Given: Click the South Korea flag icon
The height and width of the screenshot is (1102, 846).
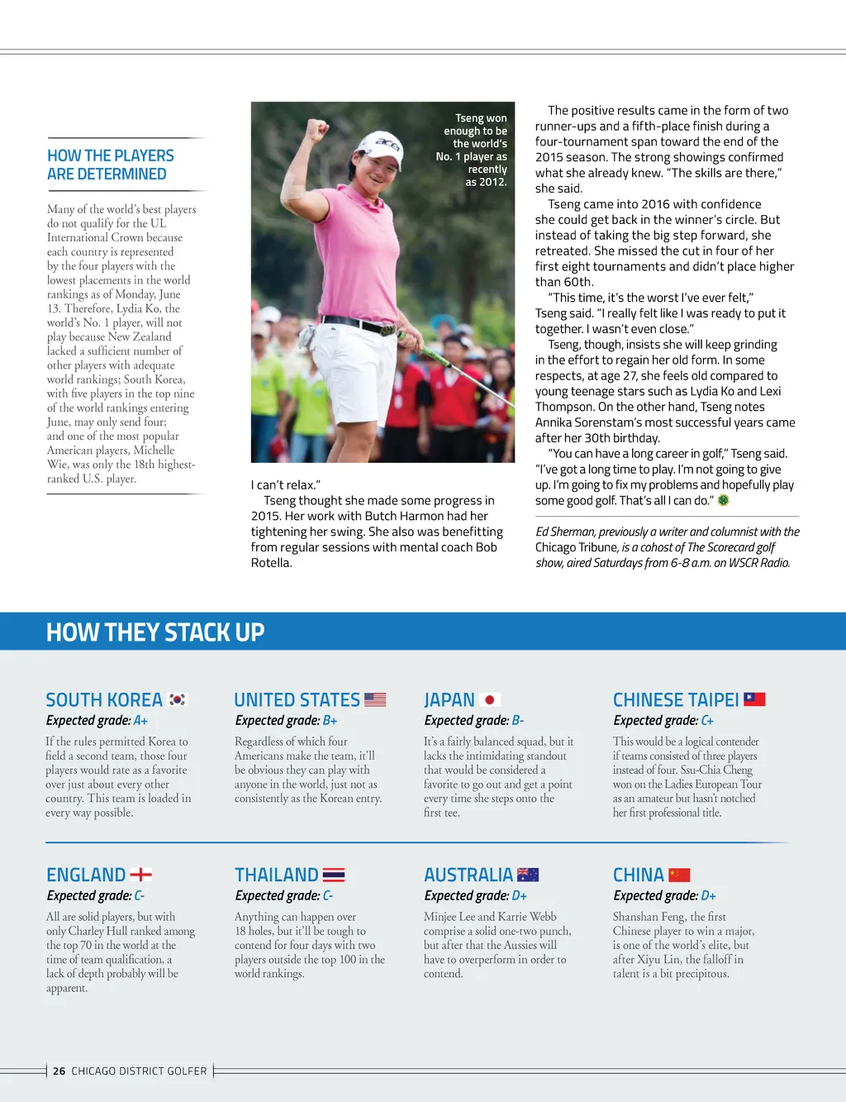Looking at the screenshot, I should point(178,699).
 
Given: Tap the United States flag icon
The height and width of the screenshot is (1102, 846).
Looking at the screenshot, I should point(375,699).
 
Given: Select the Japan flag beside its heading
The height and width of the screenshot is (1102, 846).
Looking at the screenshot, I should point(490,699).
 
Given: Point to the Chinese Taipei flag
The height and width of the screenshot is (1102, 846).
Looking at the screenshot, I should point(754,699).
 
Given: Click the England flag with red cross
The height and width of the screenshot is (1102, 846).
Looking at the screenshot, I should point(141,875).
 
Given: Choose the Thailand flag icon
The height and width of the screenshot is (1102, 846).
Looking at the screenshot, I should point(334,875).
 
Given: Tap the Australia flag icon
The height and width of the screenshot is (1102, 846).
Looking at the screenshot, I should point(528,875).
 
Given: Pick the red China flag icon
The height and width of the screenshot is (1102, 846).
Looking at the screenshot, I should point(679,875).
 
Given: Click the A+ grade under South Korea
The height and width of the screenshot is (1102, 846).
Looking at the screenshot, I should point(140,721).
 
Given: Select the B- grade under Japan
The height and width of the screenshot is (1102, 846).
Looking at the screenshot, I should point(518,721).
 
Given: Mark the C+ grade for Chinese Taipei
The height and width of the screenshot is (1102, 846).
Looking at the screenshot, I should point(707,721).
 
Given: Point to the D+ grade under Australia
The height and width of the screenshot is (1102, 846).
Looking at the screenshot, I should point(520,896).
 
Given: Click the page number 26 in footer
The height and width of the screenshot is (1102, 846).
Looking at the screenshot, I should point(59,1071).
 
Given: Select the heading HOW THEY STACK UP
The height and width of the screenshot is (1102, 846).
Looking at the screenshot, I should point(155,632).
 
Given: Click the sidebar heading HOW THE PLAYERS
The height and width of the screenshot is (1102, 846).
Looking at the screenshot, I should point(111,155).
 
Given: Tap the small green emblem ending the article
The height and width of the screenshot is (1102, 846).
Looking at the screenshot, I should point(724,500).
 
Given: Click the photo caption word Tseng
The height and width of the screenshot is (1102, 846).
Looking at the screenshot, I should point(469,118).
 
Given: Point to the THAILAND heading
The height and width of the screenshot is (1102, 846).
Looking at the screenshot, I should point(277,875).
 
